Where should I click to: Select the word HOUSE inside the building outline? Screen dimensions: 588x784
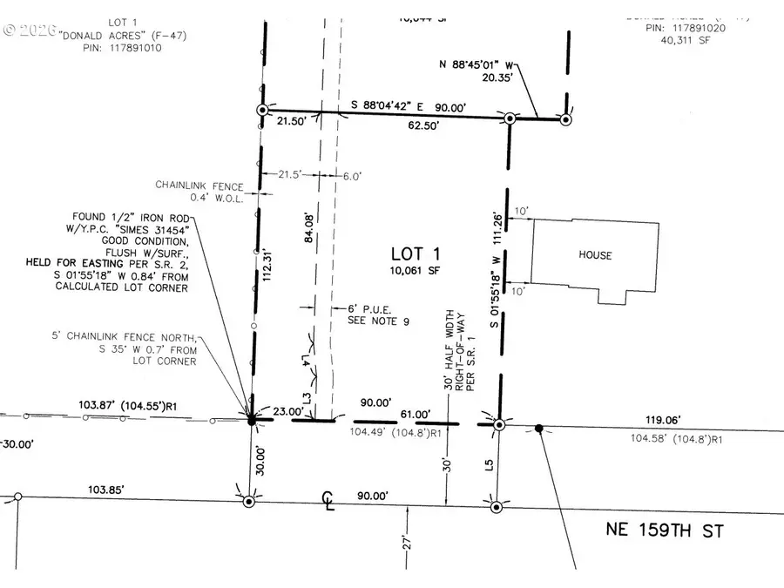(595, 255)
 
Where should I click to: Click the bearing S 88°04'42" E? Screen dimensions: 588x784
(402, 106)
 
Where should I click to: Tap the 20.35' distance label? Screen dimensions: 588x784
(520, 76)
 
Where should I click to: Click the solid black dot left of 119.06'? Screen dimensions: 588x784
(538, 428)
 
